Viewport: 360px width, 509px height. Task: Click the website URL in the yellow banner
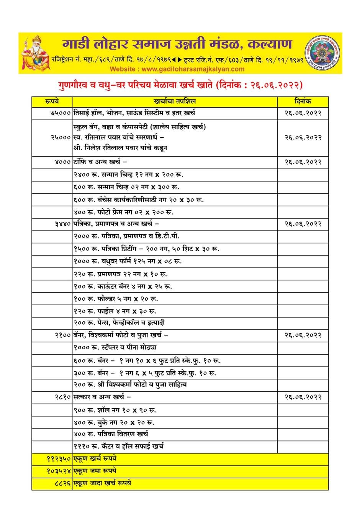(177, 69)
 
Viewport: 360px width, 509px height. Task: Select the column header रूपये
(52, 101)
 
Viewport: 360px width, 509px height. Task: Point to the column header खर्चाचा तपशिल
(174, 101)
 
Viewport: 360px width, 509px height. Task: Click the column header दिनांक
(303, 101)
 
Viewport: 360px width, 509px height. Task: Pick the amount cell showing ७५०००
(61, 113)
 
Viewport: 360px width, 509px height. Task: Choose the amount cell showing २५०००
(61, 137)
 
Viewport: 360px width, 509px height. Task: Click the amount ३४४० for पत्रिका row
(62, 224)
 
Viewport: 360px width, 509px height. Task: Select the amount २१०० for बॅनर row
(62, 336)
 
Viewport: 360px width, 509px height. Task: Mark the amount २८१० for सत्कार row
(62, 398)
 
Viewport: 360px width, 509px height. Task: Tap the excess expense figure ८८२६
(62, 484)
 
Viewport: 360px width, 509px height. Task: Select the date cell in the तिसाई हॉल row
(303, 113)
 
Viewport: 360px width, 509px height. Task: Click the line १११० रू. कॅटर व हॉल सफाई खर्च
(119, 447)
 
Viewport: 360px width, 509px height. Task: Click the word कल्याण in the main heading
(270, 44)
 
